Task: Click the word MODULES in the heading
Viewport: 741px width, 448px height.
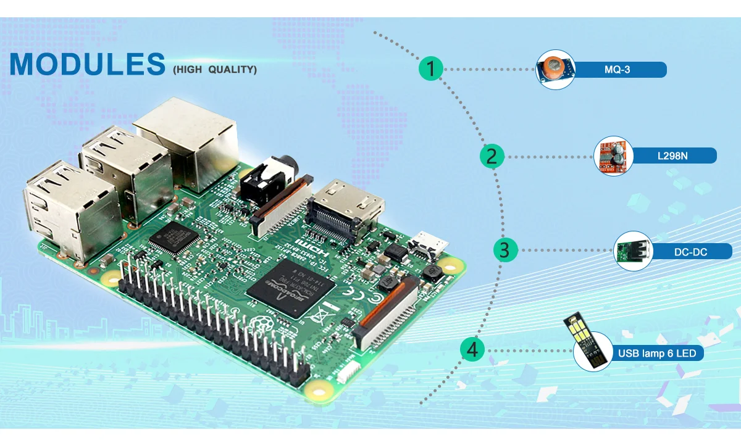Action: click(87, 64)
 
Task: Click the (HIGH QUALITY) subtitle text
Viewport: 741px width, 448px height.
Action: click(215, 70)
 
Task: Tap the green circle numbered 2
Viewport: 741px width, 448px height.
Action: click(492, 156)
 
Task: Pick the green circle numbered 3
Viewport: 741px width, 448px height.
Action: click(505, 251)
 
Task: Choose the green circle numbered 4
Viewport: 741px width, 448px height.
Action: click(472, 350)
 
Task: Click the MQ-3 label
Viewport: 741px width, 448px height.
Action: click(617, 70)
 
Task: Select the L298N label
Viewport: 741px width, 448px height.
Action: click(672, 156)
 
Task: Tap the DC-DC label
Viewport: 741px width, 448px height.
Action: click(690, 252)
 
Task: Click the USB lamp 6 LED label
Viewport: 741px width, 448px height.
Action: click(657, 354)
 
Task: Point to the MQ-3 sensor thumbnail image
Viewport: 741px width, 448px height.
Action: click(555, 69)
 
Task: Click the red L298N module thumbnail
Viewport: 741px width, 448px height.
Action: click(613, 156)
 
